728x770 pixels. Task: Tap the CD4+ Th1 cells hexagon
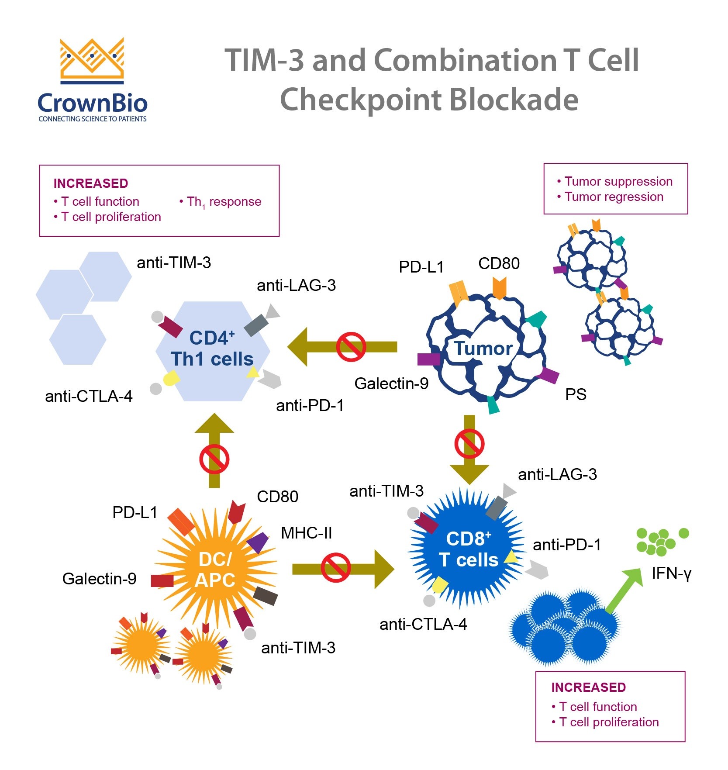(213, 349)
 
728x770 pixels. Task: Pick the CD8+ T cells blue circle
(467, 549)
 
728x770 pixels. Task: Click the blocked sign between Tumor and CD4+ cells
(351, 347)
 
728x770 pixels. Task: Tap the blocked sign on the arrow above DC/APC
(214, 459)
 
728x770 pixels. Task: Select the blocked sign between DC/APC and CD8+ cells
(335, 568)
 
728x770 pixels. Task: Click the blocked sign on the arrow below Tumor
(469, 444)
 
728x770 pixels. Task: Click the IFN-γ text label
(671, 573)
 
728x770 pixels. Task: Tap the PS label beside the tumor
(576, 395)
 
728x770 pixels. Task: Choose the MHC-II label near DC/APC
(306, 533)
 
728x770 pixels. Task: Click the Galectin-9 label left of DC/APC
(99, 579)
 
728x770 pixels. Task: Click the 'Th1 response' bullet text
(224, 202)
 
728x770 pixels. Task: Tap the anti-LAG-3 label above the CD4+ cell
(296, 285)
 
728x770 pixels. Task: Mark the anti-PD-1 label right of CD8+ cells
(567, 545)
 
